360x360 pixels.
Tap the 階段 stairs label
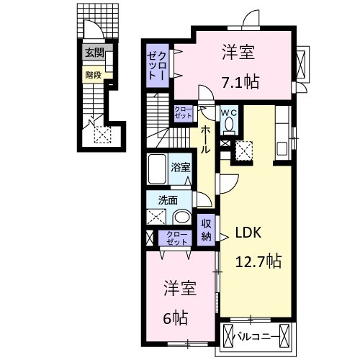[93, 73]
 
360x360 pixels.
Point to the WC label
[229, 113]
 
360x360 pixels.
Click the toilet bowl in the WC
[229, 125]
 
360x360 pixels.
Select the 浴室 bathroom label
[181, 167]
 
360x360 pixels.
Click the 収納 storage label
[206, 230]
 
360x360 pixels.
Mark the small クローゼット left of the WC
[183, 112]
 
